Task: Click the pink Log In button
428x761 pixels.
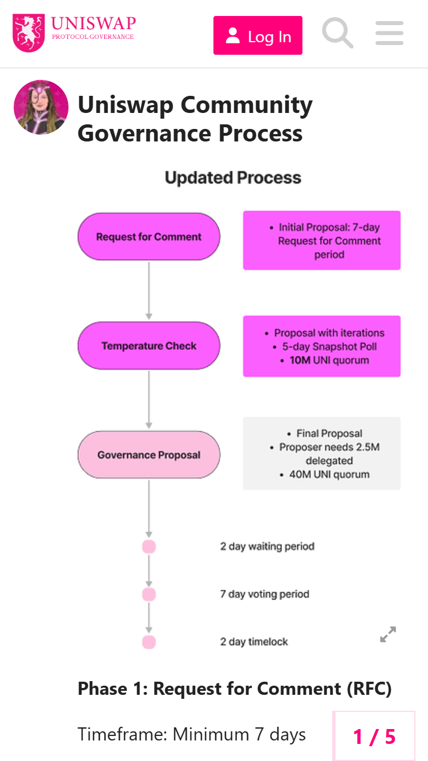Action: (x=257, y=35)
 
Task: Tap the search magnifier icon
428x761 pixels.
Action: (x=337, y=33)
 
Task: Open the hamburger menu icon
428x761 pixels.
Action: (x=389, y=33)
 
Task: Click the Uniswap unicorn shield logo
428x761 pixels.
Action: (x=29, y=33)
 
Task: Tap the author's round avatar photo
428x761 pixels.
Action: (x=41, y=107)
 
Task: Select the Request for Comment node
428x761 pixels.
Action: (x=148, y=237)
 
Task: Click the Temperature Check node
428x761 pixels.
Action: (x=148, y=346)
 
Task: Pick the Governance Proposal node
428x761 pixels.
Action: (x=148, y=455)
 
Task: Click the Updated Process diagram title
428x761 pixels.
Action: (x=233, y=178)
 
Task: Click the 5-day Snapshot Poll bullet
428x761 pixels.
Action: (x=329, y=347)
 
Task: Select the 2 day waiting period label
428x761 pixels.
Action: (x=267, y=547)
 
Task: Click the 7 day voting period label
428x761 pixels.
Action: (x=265, y=594)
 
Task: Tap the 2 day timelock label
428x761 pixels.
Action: (x=254, y=642)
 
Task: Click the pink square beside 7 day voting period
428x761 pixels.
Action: (x=149, y=594)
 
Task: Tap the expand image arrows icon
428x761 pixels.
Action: (x=388, y=634)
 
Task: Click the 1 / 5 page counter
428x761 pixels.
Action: (x=374, y=736)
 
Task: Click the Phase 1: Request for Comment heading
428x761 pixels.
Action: (x=235, y=689)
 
